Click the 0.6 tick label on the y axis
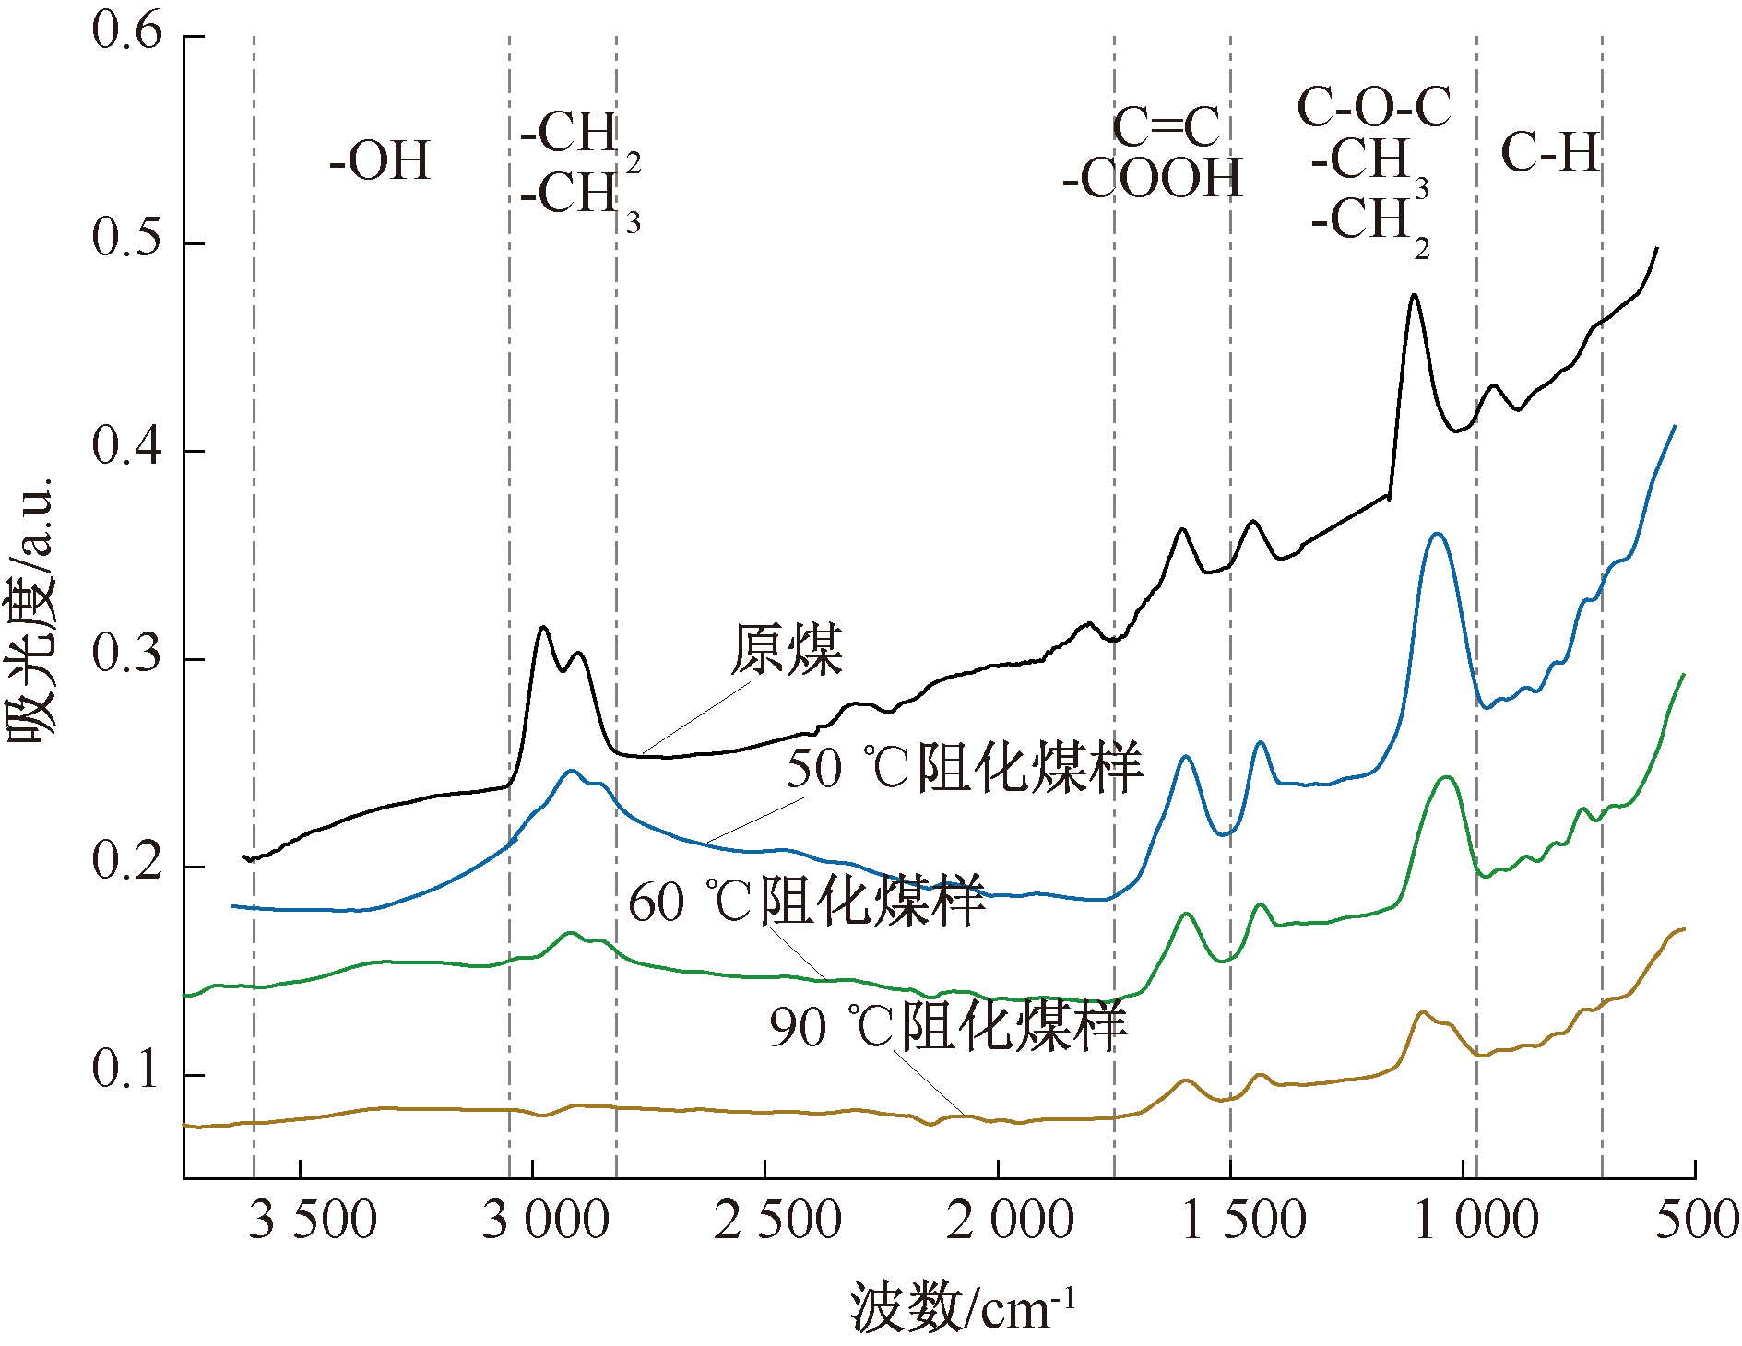coord(126,31)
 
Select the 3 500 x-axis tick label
coord(313,1221)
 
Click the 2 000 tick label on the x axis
coord(1010,1221)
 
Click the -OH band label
coord(380,161)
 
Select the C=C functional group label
coord(1167,127)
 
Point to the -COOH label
coord(1153,179)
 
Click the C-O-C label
coord(1374,107)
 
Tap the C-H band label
coord(1550,153)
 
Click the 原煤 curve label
coord(787,651)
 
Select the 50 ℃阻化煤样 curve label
coord(964,767)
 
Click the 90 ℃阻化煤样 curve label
coord(948,1026)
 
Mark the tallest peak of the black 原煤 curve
coord(1414,295)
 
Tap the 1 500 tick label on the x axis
coord(1242,1221)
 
